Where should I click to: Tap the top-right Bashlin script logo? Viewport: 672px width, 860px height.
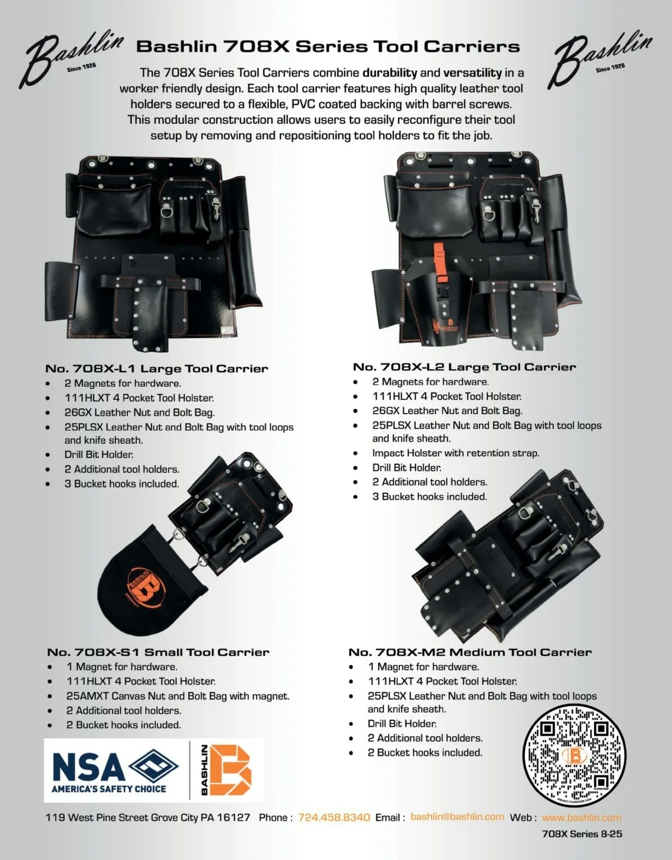(x=600, y=59)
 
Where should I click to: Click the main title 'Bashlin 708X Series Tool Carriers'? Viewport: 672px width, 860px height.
(x=328, y=46)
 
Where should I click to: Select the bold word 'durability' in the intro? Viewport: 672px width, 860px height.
(x=389, y=73)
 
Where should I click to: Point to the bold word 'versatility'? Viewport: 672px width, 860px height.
(x=472, y=73)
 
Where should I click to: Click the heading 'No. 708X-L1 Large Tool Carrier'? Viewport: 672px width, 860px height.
(x=157, y=368)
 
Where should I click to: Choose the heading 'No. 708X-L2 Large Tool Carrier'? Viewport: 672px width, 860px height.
(x=464, y=367)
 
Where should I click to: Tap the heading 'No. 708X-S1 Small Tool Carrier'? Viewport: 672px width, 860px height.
(x=158, y=652)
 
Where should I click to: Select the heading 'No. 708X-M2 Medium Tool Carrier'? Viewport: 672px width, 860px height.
(x=470, y=652)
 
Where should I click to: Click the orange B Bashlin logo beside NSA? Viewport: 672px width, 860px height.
(x=226, y=770)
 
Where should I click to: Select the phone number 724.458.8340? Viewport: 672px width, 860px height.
(x=334, y=817)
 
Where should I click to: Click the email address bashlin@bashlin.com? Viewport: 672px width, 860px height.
(x=457, y=817)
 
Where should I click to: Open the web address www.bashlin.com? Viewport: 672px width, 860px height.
(x=581, y=817)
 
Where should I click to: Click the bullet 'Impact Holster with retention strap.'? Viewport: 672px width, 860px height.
(x=455, y=453)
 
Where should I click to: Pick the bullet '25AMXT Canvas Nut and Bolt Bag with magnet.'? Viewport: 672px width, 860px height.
(x=178, y=696)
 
